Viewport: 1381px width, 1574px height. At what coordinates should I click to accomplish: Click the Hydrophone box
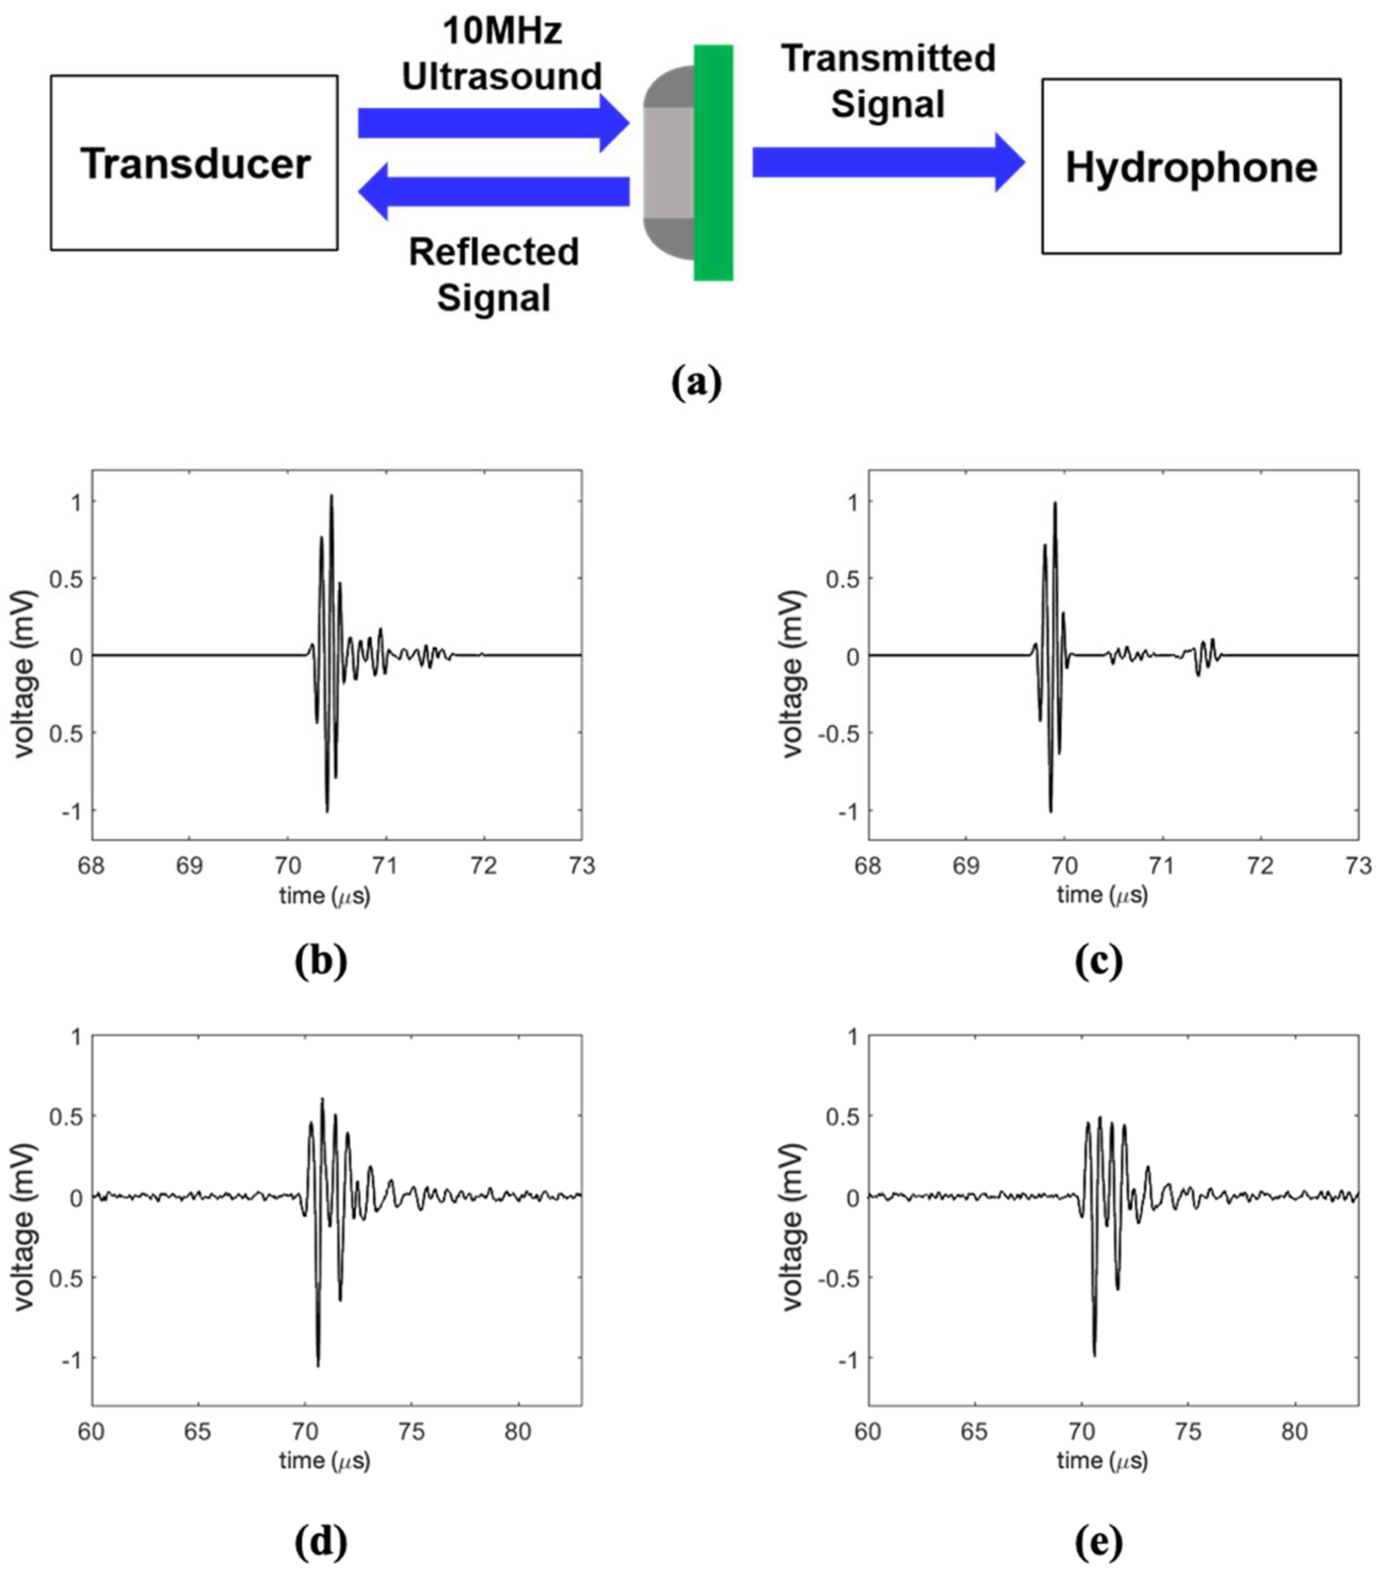[1191, 166]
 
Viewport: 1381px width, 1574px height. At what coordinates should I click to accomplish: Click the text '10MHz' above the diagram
[502, 31]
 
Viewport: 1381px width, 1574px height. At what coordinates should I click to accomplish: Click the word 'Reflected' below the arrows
[494, 252]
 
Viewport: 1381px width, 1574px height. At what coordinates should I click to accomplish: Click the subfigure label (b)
[320, 961]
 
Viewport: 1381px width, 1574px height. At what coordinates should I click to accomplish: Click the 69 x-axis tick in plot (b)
[189, 866]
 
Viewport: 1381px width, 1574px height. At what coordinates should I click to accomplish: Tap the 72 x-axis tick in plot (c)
[1260, 866]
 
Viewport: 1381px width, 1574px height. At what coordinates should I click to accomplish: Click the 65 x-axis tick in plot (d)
[198, 1431]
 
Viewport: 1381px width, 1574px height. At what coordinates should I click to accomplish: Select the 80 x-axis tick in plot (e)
[1295, 1431]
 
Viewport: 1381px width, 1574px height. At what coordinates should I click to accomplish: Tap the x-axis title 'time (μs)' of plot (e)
[1102, 1460]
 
